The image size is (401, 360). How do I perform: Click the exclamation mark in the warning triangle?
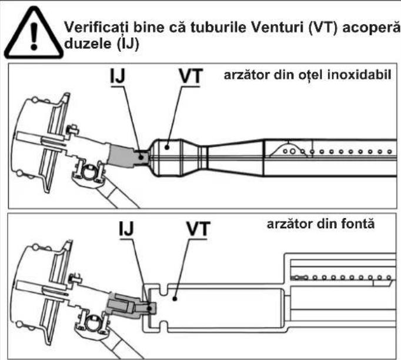point(34,35)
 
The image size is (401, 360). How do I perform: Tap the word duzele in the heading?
point(88,44)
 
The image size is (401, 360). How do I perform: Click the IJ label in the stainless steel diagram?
point(118,76)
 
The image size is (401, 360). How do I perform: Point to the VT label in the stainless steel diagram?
point(191,76)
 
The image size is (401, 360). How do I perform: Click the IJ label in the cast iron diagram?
point(126,228)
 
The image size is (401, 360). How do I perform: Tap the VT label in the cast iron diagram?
point(198,228)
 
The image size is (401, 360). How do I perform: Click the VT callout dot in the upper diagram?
point(167,147)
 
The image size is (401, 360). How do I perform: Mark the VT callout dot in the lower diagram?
point(175,298)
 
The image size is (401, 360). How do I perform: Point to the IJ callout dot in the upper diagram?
point(141,157)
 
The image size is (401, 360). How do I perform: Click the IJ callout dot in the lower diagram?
point(149,308)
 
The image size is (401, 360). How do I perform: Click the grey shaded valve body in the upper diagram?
point(121,156)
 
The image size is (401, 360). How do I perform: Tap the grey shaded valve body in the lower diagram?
point(123,306)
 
